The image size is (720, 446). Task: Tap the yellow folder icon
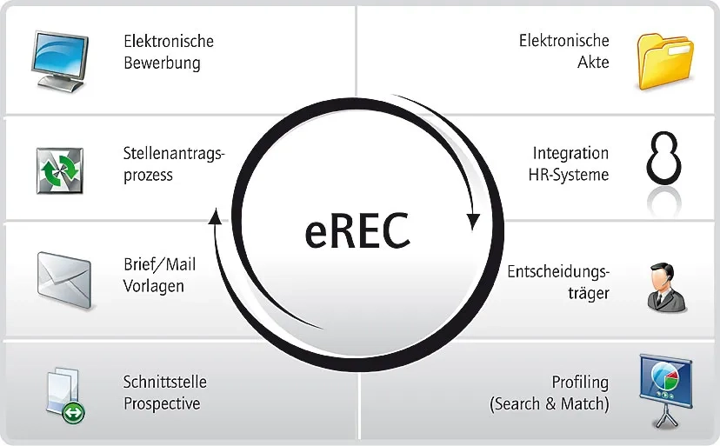click(665, 61)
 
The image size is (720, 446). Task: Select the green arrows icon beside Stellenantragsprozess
click(59, 170)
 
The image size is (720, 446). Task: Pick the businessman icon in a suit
click(666, 286)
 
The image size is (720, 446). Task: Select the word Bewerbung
click(163, 63)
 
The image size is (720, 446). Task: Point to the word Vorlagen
click(154, 286)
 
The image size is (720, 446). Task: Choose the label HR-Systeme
click(569, 175)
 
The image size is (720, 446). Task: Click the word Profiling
click(580, 383)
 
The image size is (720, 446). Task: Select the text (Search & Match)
click(550, 404)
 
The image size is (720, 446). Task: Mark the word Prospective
click(162, 404)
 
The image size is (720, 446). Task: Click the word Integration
click(570, 153)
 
